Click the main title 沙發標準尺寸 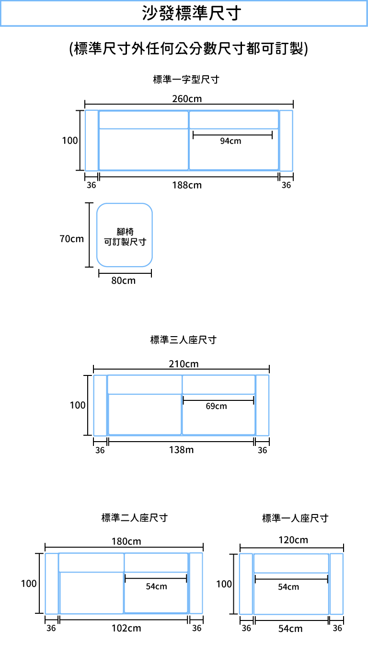coord(192,13)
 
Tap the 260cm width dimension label coord(187,99)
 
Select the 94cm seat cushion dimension coord(230,141)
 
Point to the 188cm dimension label coord(187,185)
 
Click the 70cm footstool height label coord(71,239)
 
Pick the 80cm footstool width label coord(123,281)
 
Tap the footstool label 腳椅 coord(125,232)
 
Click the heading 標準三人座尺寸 coord(183,340)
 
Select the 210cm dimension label coord(184,364)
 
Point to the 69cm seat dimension coord(216,406)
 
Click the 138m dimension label coord(181,450)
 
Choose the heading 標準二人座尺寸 coord(135,518)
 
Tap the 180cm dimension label coord(126,541)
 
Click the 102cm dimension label coord(126,629)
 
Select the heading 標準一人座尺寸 coord(295,518)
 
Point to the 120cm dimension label coord(293,540)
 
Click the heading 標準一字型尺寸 coord(186,80)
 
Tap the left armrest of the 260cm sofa coord(92,140)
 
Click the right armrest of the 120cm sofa coord(336,584)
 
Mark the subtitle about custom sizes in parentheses coord(188,48)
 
